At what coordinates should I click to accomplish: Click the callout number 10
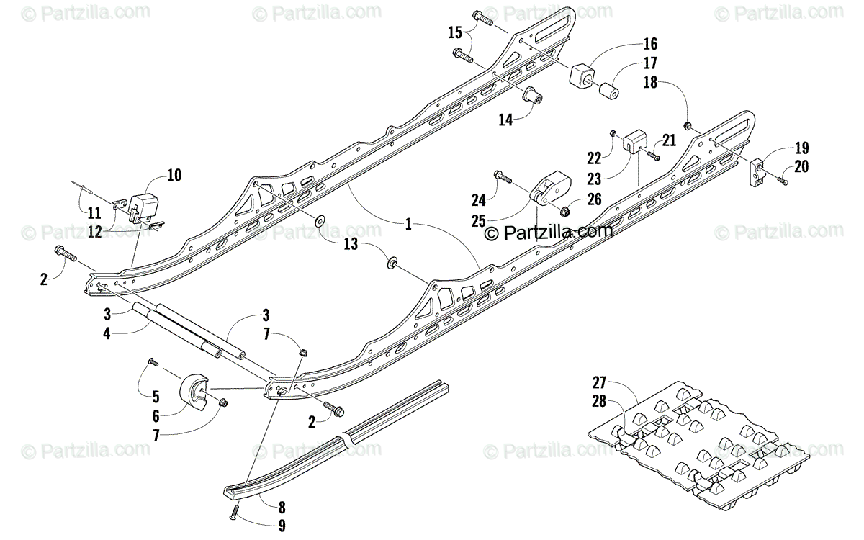point(174,175)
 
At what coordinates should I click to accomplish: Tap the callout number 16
point(650,45)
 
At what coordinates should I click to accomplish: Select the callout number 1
point(408,225)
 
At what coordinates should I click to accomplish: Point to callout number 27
point(599,382)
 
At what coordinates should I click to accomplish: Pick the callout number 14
point(506,120)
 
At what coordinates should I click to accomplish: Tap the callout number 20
point(801,166)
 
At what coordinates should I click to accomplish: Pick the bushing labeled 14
point(533,95)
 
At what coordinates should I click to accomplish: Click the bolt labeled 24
point(502,175)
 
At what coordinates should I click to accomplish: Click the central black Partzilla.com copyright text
point(548,232)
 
